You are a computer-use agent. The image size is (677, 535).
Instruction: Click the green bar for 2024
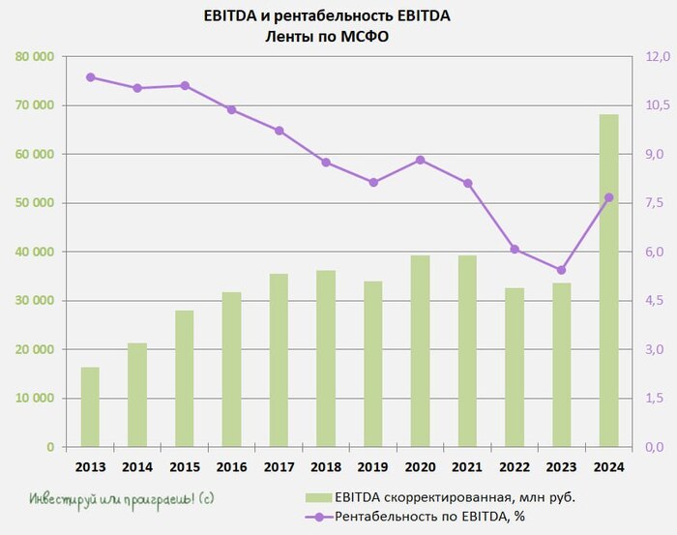608,281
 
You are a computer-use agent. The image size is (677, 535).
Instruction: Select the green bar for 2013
90,407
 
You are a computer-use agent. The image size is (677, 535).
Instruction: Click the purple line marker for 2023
561,270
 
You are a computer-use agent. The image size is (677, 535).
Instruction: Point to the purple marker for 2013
90,77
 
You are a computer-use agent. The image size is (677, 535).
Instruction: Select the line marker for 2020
420,160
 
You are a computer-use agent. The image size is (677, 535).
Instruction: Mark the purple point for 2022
515,249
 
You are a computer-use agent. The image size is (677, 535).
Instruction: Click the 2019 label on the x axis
373,466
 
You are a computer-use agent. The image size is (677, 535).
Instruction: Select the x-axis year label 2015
184,466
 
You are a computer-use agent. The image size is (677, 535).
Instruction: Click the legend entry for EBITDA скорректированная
445,497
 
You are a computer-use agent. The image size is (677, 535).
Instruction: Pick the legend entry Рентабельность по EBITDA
435,518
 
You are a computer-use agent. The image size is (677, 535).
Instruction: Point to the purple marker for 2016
231,109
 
